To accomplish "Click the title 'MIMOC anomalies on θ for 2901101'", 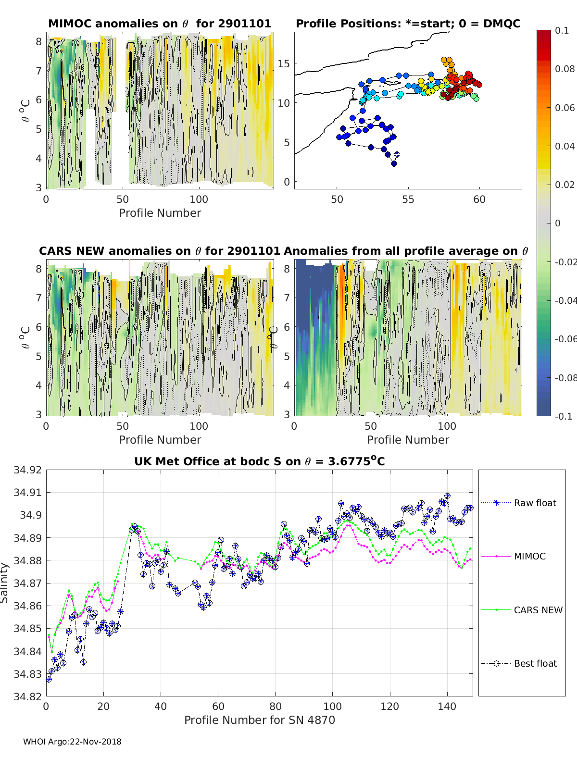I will [160, 24].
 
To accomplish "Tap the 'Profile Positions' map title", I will [408, 24].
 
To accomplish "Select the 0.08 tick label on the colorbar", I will [564, 69].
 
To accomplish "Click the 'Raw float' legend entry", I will [535, 503].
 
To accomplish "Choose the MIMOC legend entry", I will [529, 556].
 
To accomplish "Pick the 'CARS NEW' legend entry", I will [538, 610].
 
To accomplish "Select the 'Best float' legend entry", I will [535, 663].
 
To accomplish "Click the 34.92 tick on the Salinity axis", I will [27, 470].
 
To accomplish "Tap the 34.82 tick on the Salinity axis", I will [27, 696].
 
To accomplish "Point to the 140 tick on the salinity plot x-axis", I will [447, 706].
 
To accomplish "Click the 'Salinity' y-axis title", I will [5, 583].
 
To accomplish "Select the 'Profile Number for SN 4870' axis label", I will [259, 720].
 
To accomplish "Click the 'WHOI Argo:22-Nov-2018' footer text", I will [72, 742].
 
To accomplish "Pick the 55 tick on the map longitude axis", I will [408, 199].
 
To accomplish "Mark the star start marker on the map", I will [397, 155].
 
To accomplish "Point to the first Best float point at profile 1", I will [49, 679].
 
